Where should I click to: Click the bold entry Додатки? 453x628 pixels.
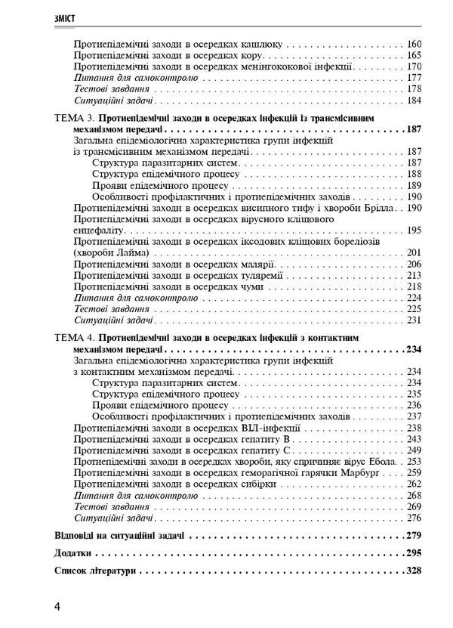pyautogui.click(x=75, y=553)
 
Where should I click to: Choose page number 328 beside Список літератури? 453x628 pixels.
pyautogui.click(x=412, y=571)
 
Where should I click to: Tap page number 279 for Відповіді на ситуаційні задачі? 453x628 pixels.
pyautogui.click(x=412, y=536)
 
